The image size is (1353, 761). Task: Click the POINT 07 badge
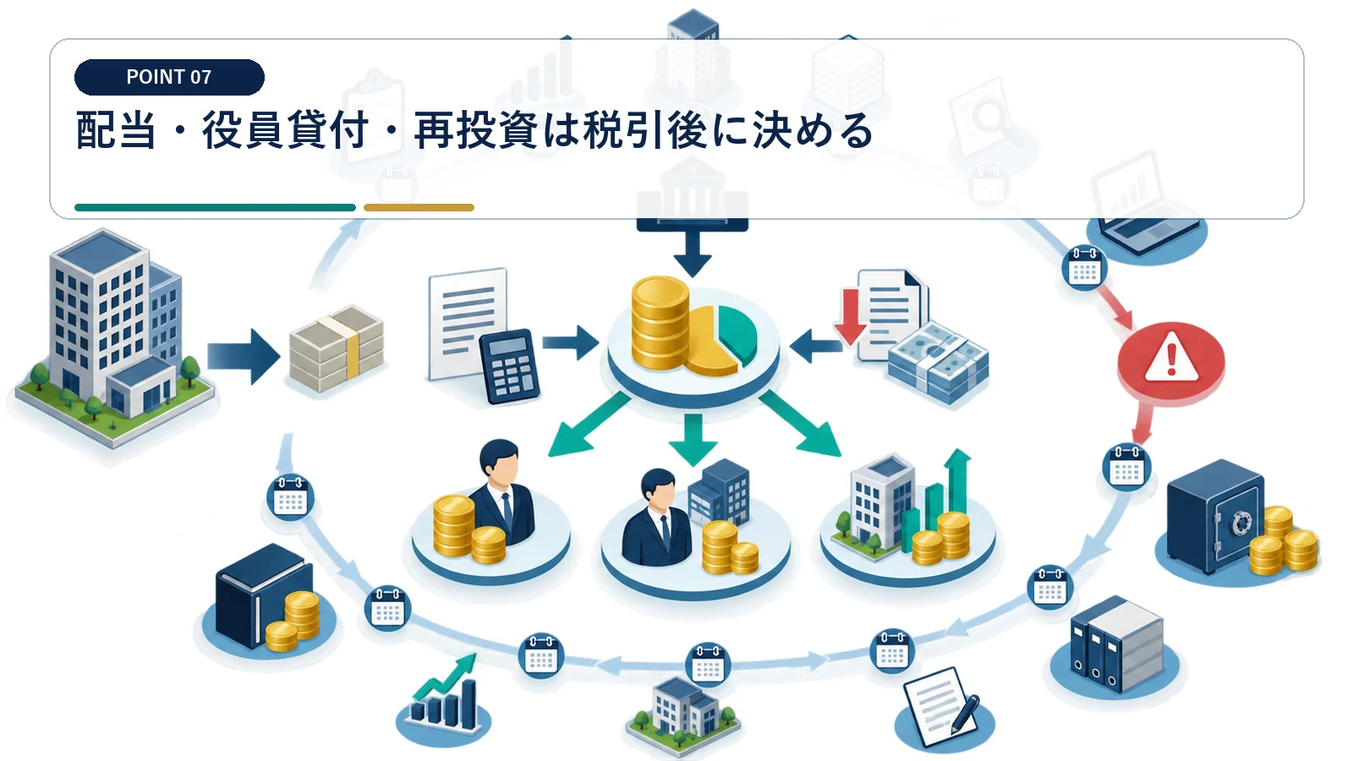coord(169,77)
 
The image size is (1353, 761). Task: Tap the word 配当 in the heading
coord(116,130)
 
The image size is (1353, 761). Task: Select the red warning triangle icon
coord(1171,358)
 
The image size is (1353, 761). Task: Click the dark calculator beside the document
coord(509,366)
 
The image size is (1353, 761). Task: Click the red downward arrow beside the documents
coord(851,316)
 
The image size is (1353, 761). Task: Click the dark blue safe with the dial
coord(1215,516)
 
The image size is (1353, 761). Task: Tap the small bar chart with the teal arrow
coord(444,693)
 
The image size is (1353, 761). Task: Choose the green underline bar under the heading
coord(215,208)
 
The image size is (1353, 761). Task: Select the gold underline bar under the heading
coord(419,208)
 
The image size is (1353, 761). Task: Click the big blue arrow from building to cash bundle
coord(244,356)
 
